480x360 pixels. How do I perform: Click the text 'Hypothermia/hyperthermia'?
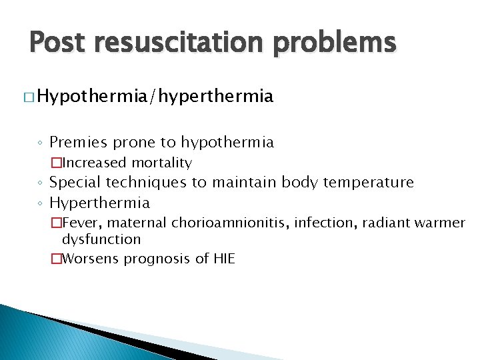[155, 97]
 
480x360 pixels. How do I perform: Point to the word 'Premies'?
[82, 142]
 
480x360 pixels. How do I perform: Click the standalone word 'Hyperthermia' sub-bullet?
[100, 203]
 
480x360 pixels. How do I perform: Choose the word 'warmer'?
[443, 223]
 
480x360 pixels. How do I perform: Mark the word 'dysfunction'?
[101, 239]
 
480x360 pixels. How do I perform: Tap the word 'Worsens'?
[90, 259]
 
